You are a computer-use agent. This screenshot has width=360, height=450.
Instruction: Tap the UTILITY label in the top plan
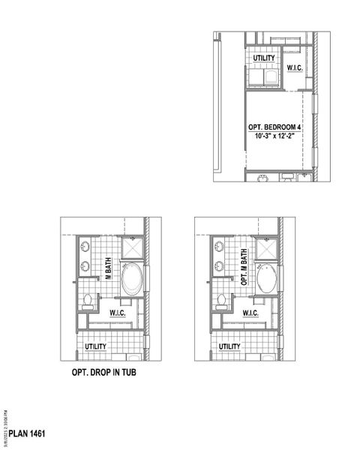[x=263, y=58]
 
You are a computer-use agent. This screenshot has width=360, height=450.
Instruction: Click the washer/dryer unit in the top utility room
[x=263, y=77]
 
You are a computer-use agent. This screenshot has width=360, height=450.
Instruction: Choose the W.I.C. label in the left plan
[x=117, y=313]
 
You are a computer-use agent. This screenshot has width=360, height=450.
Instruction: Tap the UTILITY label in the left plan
[x=95, y=346]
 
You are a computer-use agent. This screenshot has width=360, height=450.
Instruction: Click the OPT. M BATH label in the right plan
[x=244, y=268]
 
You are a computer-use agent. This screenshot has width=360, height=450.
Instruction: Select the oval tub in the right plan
[x=266, y=280]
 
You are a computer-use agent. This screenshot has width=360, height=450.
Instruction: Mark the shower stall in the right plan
[x=265, y=247]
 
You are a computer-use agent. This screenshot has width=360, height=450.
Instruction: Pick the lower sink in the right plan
[x=219, y=264]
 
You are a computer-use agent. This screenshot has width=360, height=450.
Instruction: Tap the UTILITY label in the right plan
[x=229, y=346]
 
